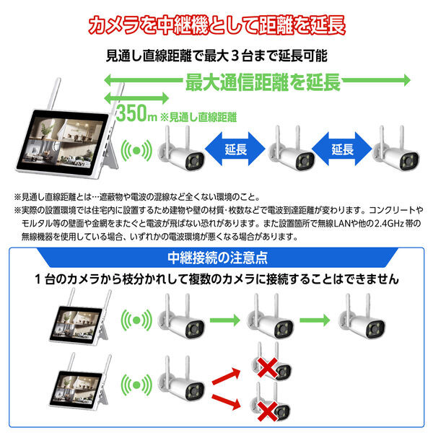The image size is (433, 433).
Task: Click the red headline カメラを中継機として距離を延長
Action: click(216, 25)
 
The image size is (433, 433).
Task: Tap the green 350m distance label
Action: click(136, 113)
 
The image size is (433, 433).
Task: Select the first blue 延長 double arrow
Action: click(235, 149)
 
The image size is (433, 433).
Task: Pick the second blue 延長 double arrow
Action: click(342, 149)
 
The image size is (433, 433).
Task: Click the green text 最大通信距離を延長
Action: click(263, 82)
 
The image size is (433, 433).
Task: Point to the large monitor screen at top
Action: click(63, 144)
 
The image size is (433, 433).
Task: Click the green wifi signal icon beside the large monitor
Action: click(136, 151)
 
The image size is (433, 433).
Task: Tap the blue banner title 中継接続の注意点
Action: click(217, 258)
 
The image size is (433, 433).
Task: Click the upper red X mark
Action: click(267, 367)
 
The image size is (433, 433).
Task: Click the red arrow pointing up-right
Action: click(226, 376)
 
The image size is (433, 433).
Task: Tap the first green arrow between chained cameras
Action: click(224, 320)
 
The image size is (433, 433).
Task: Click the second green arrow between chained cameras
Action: click(315, 320)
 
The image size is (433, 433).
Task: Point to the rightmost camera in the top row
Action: click(395, 149)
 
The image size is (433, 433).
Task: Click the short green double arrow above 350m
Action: click(136, 97)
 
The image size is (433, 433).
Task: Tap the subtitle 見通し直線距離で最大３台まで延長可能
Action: click(216, 56)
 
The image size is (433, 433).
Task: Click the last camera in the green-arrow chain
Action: click(362, 317)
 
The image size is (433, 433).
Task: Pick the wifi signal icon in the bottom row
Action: click(136, 385)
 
